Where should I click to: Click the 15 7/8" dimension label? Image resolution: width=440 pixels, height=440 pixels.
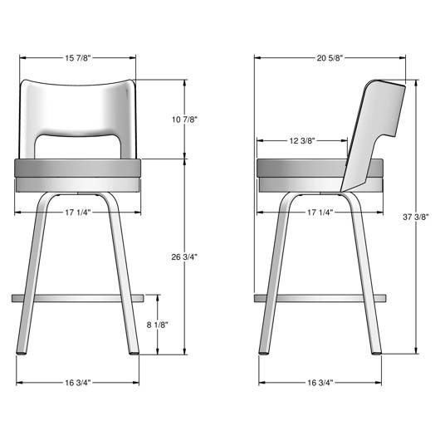[78, 58]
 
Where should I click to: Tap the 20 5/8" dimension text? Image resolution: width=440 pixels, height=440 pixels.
[330, 58]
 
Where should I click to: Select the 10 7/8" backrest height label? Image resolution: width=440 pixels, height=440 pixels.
[184, 120]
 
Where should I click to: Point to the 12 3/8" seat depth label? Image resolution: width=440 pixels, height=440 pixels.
[302, 140]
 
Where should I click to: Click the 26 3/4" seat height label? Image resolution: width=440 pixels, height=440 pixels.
[184, 257]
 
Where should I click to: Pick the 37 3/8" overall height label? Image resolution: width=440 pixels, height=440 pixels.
[416, 217]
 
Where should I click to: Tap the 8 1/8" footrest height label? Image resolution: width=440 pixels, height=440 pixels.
[158, 325]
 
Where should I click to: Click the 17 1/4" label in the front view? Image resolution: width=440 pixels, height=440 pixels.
[78, 213]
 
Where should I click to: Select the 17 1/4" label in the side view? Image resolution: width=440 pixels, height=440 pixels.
[320, 213]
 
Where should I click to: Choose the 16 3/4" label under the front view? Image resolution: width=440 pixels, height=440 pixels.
[78, 383]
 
